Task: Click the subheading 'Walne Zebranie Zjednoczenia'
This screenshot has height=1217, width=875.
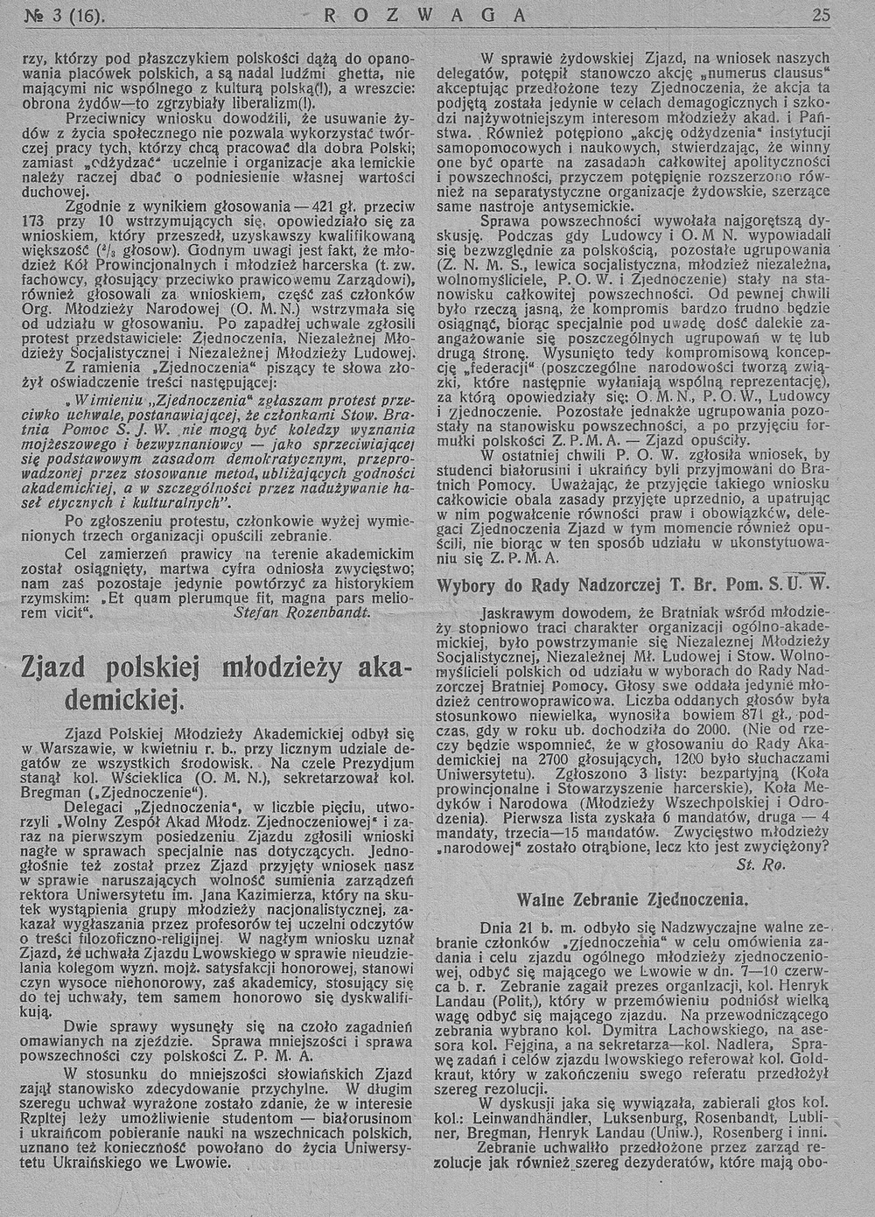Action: (x=631, y=899)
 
